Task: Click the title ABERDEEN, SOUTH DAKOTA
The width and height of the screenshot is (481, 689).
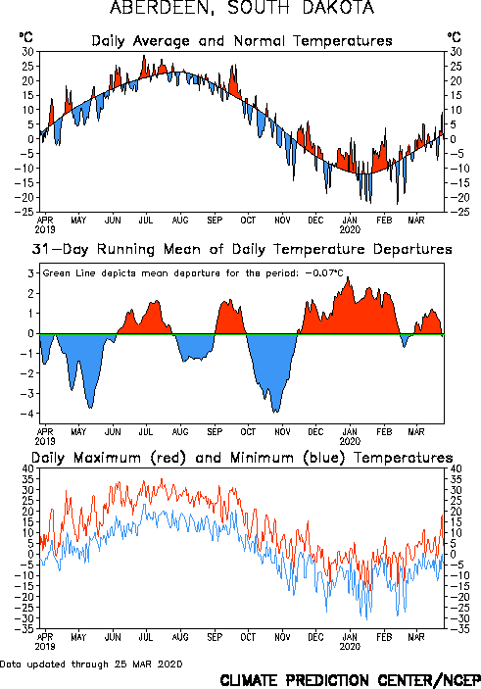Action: coord(242,8)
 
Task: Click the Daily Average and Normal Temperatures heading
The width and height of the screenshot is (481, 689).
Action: coord(242,41)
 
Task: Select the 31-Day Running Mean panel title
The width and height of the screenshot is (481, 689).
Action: coord(242,249)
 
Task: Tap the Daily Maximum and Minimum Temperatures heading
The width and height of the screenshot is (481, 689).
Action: coord(242,458)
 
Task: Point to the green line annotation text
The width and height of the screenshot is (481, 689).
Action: coord(192,273)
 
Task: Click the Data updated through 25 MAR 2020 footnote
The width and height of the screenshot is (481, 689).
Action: coord(91,664)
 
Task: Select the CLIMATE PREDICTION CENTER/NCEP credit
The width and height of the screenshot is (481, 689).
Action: coord(350,680)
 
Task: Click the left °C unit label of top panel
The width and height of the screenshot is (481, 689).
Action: coord(25,37)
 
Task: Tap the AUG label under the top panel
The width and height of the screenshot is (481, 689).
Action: coord(180,220)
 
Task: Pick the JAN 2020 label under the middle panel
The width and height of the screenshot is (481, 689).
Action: coord(350,436)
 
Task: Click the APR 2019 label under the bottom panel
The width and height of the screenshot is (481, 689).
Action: coord(45,642)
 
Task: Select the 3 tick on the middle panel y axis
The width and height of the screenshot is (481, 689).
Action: coord(31,273)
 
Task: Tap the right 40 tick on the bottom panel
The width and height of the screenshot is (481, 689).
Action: coord(455,468)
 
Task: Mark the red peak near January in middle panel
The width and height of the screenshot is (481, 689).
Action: coord(349,277)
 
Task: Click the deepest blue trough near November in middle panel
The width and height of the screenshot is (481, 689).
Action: coord(275,412)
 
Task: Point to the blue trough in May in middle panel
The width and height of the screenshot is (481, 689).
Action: coord(90,408)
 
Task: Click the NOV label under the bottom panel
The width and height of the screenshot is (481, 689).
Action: coord(282,637)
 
